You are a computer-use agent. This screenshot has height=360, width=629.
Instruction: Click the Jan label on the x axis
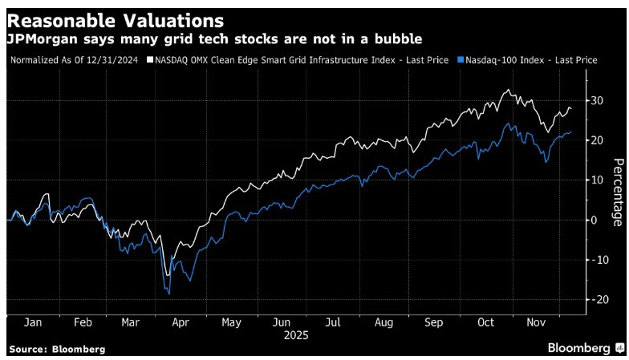pyautogui.click(x=33, y=324)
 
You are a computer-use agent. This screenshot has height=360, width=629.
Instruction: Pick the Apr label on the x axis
pyautogui.click(x=180, y=324)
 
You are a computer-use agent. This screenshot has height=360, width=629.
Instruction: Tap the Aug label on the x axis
pyautogui.click(x=383, y=324)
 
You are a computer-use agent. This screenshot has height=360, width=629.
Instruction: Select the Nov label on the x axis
pyautogui.click(x=536, y=324)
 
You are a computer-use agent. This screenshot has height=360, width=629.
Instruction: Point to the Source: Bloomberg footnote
pyautogui.click(x=57, y=350)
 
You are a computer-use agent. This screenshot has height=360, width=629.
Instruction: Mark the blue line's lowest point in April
pyautogui.click(x=169, y=294)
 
